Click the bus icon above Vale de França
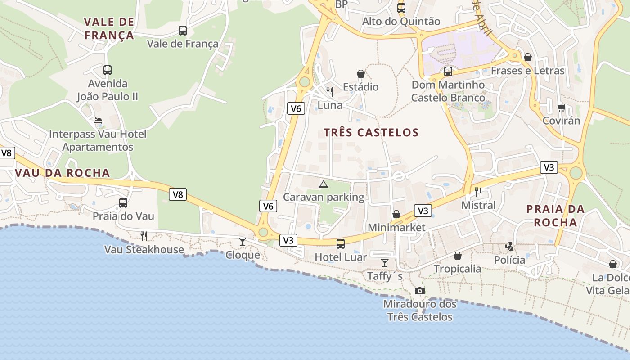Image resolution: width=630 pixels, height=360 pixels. pyautogui.click(x=182, y=31)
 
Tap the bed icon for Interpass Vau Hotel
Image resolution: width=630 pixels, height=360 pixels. pyautogui.click(x=98, y=121)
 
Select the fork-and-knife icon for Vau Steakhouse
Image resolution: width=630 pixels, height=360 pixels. pyautogui.click(x=144, y=236)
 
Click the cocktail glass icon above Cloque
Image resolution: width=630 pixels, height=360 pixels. pyautogui.click(x=243, y=242)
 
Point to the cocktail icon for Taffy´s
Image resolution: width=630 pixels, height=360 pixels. pyautogui.click(x=385, y=262)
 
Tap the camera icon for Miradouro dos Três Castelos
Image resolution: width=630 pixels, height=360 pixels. pyautogui.click(x=420, y=291)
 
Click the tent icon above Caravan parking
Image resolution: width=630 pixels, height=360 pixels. pyautogui.click(x=324, y=184)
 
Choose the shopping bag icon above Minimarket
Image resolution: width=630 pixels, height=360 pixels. pyautogui.click(x=396, y=214)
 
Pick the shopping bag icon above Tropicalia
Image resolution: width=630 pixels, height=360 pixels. pyautogui.click(x=458, y=256)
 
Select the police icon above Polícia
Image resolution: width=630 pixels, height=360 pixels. pyautogui.click(x=509, y=246)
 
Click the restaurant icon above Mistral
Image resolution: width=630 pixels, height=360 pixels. pyautogui.click(x=478, y=192)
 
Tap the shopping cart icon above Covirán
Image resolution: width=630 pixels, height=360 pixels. pyautogui.click(x=561, y=108)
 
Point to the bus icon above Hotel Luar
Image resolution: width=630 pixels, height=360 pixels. pyautogui.click(x=341, y=244)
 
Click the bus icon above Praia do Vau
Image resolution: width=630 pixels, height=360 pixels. pyautogui.click(x=123, y=203)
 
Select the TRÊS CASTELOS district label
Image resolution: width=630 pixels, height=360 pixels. pyautogui.click(x=371, y=133)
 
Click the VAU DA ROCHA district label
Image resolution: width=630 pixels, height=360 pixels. pyautogui.click(x=62, y=173)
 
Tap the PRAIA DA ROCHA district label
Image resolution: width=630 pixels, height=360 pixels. pyautogui.click(x=555, y=216)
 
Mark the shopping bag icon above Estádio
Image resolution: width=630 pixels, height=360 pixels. pyautogui.click(x=361, y=74)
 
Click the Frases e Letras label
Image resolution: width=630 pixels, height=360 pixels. pyautogui.click(x=527, y=71)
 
